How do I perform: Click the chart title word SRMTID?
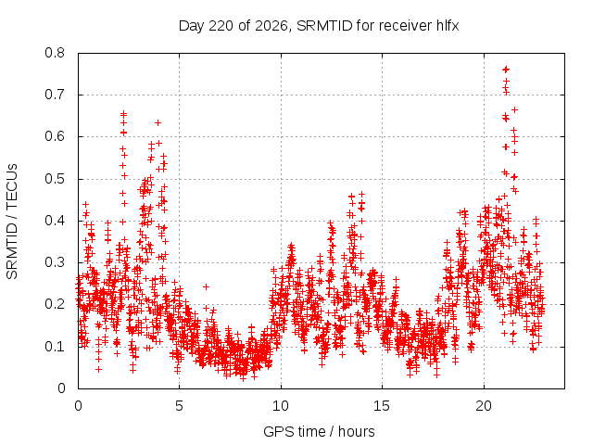pos(324,26)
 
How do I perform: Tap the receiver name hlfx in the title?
pos(448,26)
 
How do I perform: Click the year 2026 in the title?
pos(271,26)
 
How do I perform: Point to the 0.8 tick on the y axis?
pos(55,53)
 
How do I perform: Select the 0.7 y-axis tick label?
pos(55,95)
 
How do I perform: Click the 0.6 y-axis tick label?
pos(55,136)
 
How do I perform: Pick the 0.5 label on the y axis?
pos(55,179)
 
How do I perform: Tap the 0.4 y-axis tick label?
pos(55,221)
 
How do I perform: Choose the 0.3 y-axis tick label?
pos(55,262)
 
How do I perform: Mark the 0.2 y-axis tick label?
pos(55,304)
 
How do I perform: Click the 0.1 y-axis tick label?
pos(55,347)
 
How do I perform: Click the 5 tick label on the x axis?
pos(179,406)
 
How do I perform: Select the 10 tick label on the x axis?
pos(281,406)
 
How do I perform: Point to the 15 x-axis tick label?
pos(382,406)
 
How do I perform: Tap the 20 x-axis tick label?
pos(484,406)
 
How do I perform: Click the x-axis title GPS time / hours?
pos(319,432)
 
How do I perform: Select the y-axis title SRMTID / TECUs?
pos(12,222)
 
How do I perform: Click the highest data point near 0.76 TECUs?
pos(506,70)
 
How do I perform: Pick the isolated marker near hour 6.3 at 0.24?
pos(206,286)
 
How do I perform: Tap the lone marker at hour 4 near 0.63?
pos(158,122)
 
